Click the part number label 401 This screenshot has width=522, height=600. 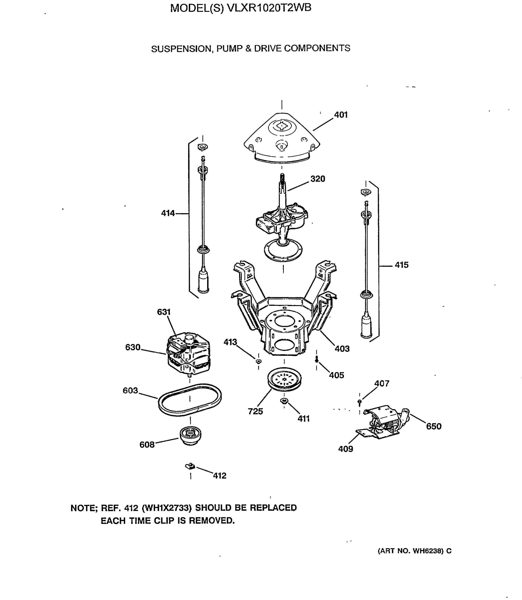click(341, 115)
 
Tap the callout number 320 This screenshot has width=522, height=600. click(318, 179)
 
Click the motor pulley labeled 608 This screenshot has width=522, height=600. click(190, 435)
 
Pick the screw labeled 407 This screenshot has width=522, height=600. click(359, 402)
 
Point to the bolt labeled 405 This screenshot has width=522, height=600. click(317, 360)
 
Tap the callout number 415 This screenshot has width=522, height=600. click(401, 265)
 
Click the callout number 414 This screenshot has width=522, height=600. click(168, 213)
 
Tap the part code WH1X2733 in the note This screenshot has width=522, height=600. click(167, 508)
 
